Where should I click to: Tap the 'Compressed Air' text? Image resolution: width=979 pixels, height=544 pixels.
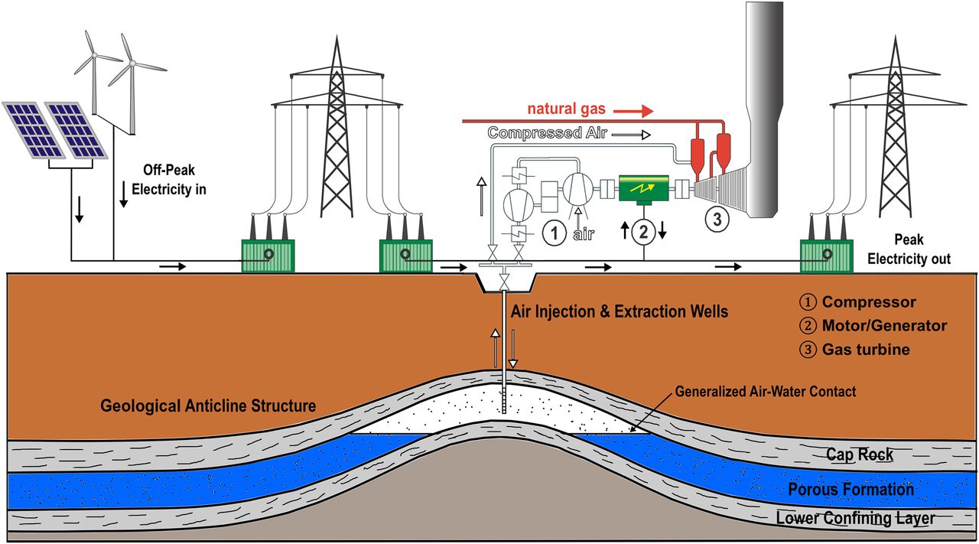pos(547,133)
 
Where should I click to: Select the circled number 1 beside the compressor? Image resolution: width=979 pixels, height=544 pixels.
pos(554,231)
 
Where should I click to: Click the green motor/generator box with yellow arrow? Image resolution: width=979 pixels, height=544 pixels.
pos(642,187)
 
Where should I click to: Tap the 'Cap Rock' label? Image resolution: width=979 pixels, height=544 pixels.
pos(859,455)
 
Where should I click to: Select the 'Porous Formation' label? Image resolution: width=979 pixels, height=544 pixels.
pos(851,489)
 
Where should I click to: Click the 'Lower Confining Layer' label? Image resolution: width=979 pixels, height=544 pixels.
pos(854,519)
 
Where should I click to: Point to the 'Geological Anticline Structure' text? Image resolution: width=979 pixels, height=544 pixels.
pos(208,406)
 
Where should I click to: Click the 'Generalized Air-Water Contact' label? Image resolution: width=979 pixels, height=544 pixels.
pos(765,392)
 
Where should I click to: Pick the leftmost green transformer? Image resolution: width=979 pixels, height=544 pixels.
pos(268,256)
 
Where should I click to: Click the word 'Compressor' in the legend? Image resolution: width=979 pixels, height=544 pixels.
pos(869,302)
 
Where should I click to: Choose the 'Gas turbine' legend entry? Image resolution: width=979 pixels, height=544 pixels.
pos(866,350)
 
